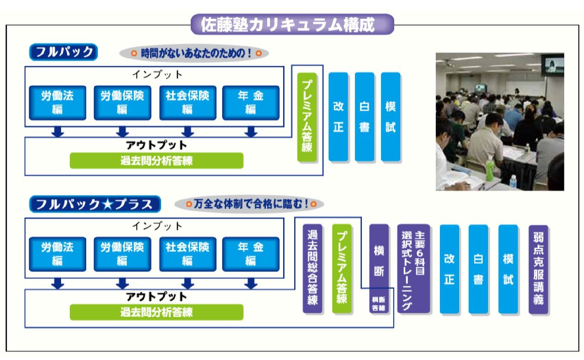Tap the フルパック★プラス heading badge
95,204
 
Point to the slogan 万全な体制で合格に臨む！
249,203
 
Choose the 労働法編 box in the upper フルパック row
57,103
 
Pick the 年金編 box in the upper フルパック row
250,103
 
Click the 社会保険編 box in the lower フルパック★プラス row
187,254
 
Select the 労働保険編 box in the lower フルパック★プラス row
122,254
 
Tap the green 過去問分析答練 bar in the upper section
156,161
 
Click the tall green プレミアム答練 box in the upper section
307,117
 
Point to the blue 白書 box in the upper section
364,117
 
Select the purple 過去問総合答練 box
313,268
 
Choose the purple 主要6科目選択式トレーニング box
413,268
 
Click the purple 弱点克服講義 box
538,269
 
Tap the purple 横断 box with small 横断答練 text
379,268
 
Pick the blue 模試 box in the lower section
508,269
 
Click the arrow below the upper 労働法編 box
57,132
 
